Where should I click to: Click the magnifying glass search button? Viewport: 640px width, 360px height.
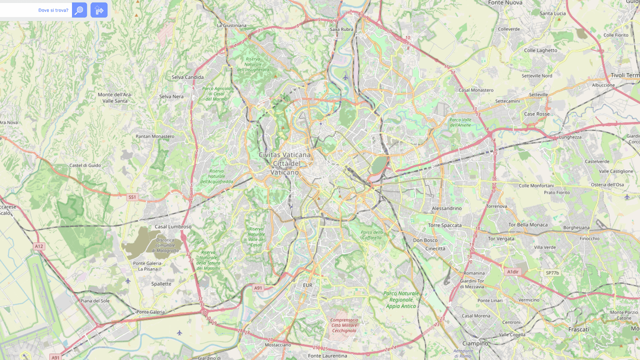pyautogui.click(x=79, y=10)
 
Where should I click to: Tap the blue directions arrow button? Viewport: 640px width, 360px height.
pyautogui.click(x=99, y=10)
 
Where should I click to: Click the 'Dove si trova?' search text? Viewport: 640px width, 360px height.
pyautogui.click(x=53, y=10)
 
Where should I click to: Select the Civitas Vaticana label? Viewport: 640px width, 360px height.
pyautogui.click(x=284, y=155)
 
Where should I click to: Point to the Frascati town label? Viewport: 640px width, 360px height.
pyautogui.click(x=578, y=329)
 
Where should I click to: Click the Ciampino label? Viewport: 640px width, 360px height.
pyautogui.click(x=475, y=343)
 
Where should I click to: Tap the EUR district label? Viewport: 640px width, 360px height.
pyautogui.click(x=307, y=285)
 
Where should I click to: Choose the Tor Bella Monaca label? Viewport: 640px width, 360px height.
pyautogui.click(x=527, y=225)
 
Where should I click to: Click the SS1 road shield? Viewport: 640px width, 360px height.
pyautogui.click(x=132, y=197)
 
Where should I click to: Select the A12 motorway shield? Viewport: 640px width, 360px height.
pyautogui.click(x=39, y=246)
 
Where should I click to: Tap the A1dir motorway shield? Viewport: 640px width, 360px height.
pyautogui.click(x=513, y=272)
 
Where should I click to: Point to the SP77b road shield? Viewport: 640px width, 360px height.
pyautogui.click(x=552, y=272)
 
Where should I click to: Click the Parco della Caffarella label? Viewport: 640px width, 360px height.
pyautogui.click(x=372, y=234)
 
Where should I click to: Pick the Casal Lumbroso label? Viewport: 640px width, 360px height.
pyautogui.click(x=173, y=226)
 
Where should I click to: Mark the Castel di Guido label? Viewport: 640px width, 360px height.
pyautogui.click(x=85, y=165)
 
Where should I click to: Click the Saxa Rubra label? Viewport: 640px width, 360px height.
pyautogui.click(x=341, y=29)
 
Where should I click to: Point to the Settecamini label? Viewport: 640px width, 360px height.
pyautogui.click(x=507, y=101)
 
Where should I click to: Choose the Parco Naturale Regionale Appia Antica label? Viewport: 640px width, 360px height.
pyautogui.click(x=401, y=299)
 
